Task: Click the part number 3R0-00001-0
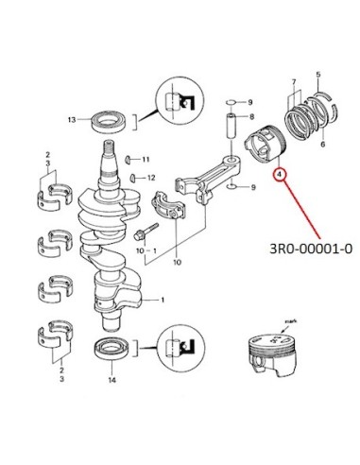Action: click(311, 249)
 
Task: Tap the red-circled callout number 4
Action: click(280, 174)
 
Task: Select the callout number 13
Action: click(72, 119)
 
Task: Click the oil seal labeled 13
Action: click(109, 121)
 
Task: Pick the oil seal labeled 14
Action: click(111, 349)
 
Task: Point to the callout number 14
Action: click(112, 380)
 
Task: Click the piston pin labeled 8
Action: click(231, 125)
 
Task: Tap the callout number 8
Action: click(251, 117)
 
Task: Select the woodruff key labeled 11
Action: click(129, 160)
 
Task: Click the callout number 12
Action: click(151, 178)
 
